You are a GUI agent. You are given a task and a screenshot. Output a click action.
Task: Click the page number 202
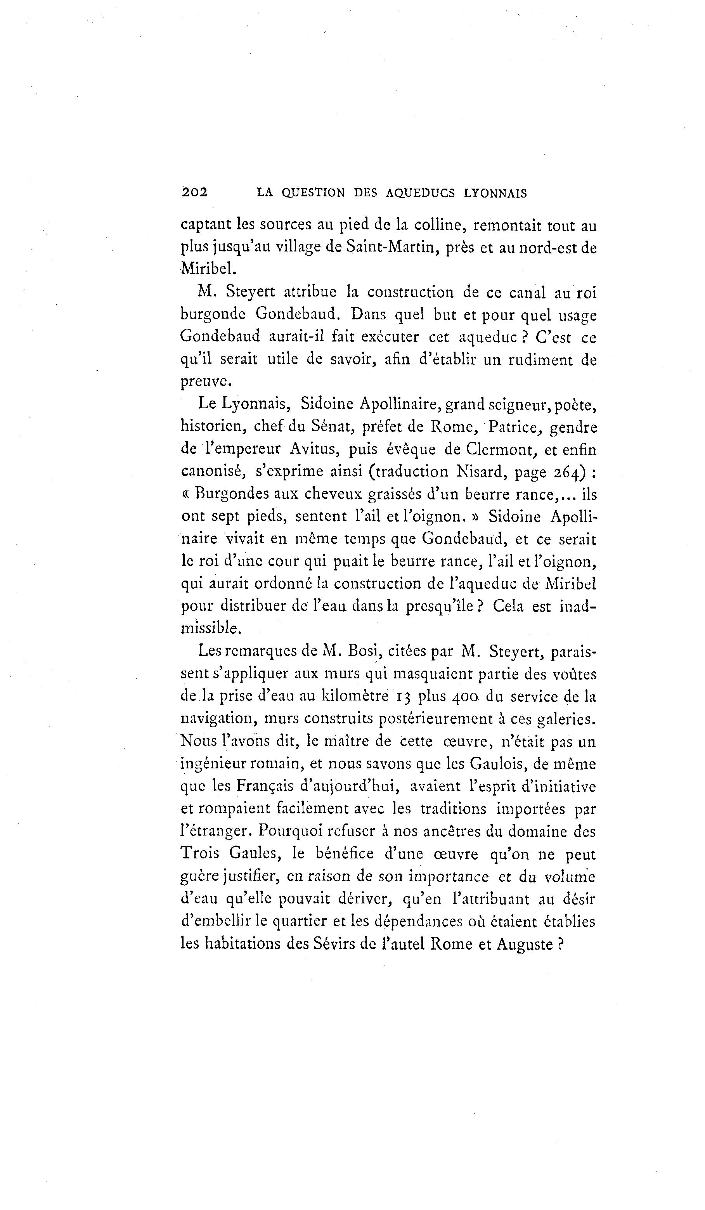[194, 192]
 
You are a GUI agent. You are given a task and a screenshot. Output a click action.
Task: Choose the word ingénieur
[213, 764]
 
